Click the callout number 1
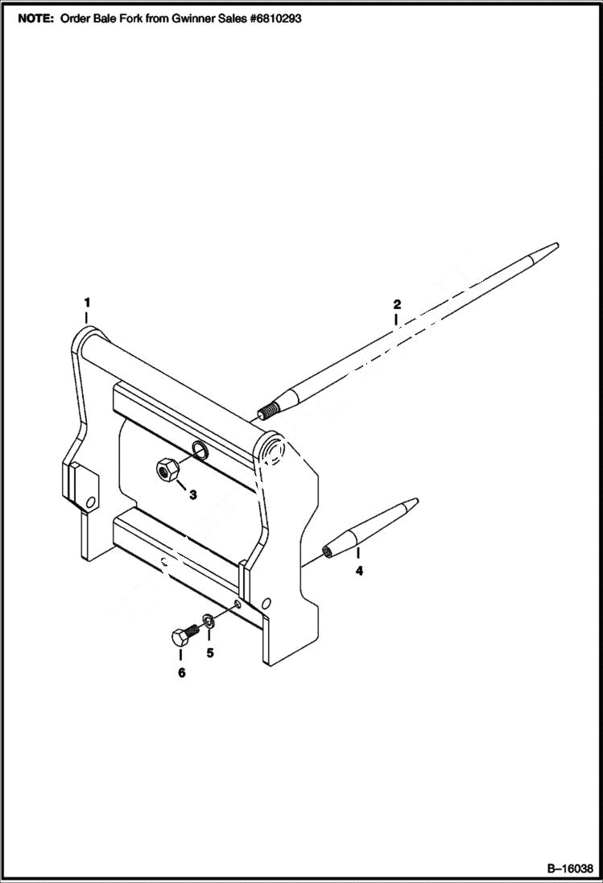click(x=87, y=302)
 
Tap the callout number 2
click(x=396, y=304)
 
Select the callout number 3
click(x=192, y=495)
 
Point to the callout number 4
click(x=359, y=571)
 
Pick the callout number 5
click(x=210, y=653)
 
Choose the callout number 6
click(x=181, y=672)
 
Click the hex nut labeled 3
click(x=167, y=469)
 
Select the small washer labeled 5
click(x=209, y=621)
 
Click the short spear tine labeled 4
click(x=370, y=526)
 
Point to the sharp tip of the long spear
click(x=555, y=245)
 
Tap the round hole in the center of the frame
click(x=200, y=448)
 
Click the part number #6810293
click(x=273, y=18)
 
